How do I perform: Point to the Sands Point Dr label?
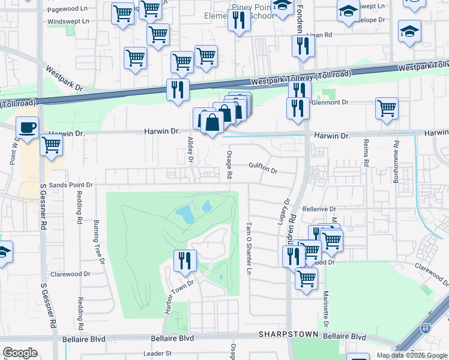coord(71,185)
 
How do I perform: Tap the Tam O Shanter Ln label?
coord(248,248)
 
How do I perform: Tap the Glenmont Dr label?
coord(329,103)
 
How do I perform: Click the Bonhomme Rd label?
coord(397,155)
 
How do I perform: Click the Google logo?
coord(20,353)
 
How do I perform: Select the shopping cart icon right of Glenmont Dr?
coord(387,109)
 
